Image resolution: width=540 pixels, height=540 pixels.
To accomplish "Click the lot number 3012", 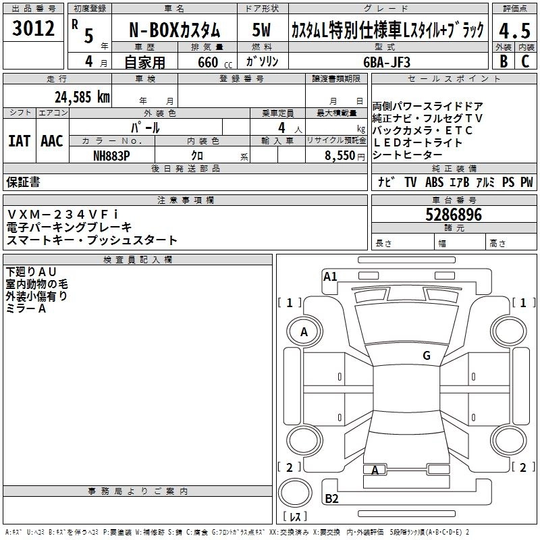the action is (33, 28).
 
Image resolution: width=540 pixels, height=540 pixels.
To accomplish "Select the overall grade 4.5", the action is (514, 30).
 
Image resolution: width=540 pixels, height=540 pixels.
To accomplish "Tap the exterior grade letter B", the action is (504, 61).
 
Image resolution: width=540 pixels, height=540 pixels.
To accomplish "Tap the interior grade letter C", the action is (525, 61).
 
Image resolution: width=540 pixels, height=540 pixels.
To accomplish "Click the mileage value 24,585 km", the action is (82, 97).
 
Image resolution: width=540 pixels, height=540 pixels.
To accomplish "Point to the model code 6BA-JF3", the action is (387, 62).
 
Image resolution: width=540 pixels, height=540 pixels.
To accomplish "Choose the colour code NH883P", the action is (111, 156).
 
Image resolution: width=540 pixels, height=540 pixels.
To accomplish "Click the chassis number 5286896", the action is (454, 215).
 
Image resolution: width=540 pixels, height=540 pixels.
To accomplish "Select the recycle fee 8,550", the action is (340, 156).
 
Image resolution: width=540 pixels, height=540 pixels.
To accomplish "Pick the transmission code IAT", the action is (20, 141).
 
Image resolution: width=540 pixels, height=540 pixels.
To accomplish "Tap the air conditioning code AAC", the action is (52, 141).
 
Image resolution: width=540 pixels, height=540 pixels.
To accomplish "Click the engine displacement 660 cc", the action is (215, 63).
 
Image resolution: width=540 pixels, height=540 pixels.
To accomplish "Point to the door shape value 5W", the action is (261, 30).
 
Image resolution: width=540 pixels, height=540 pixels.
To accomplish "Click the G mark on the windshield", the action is (427, 355).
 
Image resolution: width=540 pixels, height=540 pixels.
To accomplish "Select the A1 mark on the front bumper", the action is (330, 277).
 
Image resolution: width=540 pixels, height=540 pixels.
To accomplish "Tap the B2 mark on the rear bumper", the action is (331, 498).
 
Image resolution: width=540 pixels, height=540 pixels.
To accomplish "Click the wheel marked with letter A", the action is (304, 332).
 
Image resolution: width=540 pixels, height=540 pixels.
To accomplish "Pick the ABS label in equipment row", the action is (434, 182).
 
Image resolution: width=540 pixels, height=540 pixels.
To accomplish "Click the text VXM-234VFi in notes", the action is (62, 215).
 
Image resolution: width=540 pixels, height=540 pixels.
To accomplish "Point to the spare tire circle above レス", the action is (295, 493).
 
